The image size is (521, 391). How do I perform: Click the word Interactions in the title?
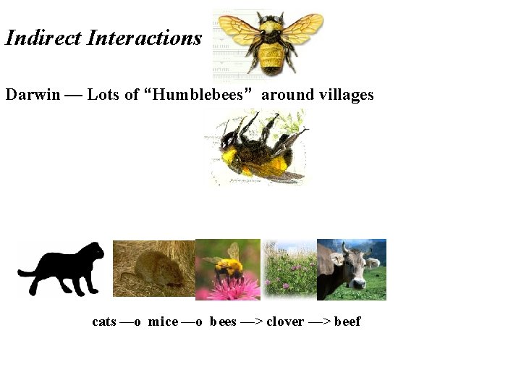click(144, 38)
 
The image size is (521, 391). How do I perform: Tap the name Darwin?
click(33, 95)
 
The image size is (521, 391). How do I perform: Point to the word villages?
click(342, 95)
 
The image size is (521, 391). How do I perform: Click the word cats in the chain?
click(104, 321)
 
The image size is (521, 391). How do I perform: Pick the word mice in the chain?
click(163, 321)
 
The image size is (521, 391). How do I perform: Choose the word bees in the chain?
click(223, 321)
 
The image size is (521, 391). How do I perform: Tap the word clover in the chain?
click(285, 321)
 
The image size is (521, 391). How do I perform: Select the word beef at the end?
click(347, 321)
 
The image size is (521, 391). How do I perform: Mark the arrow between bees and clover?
click(251, 321)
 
